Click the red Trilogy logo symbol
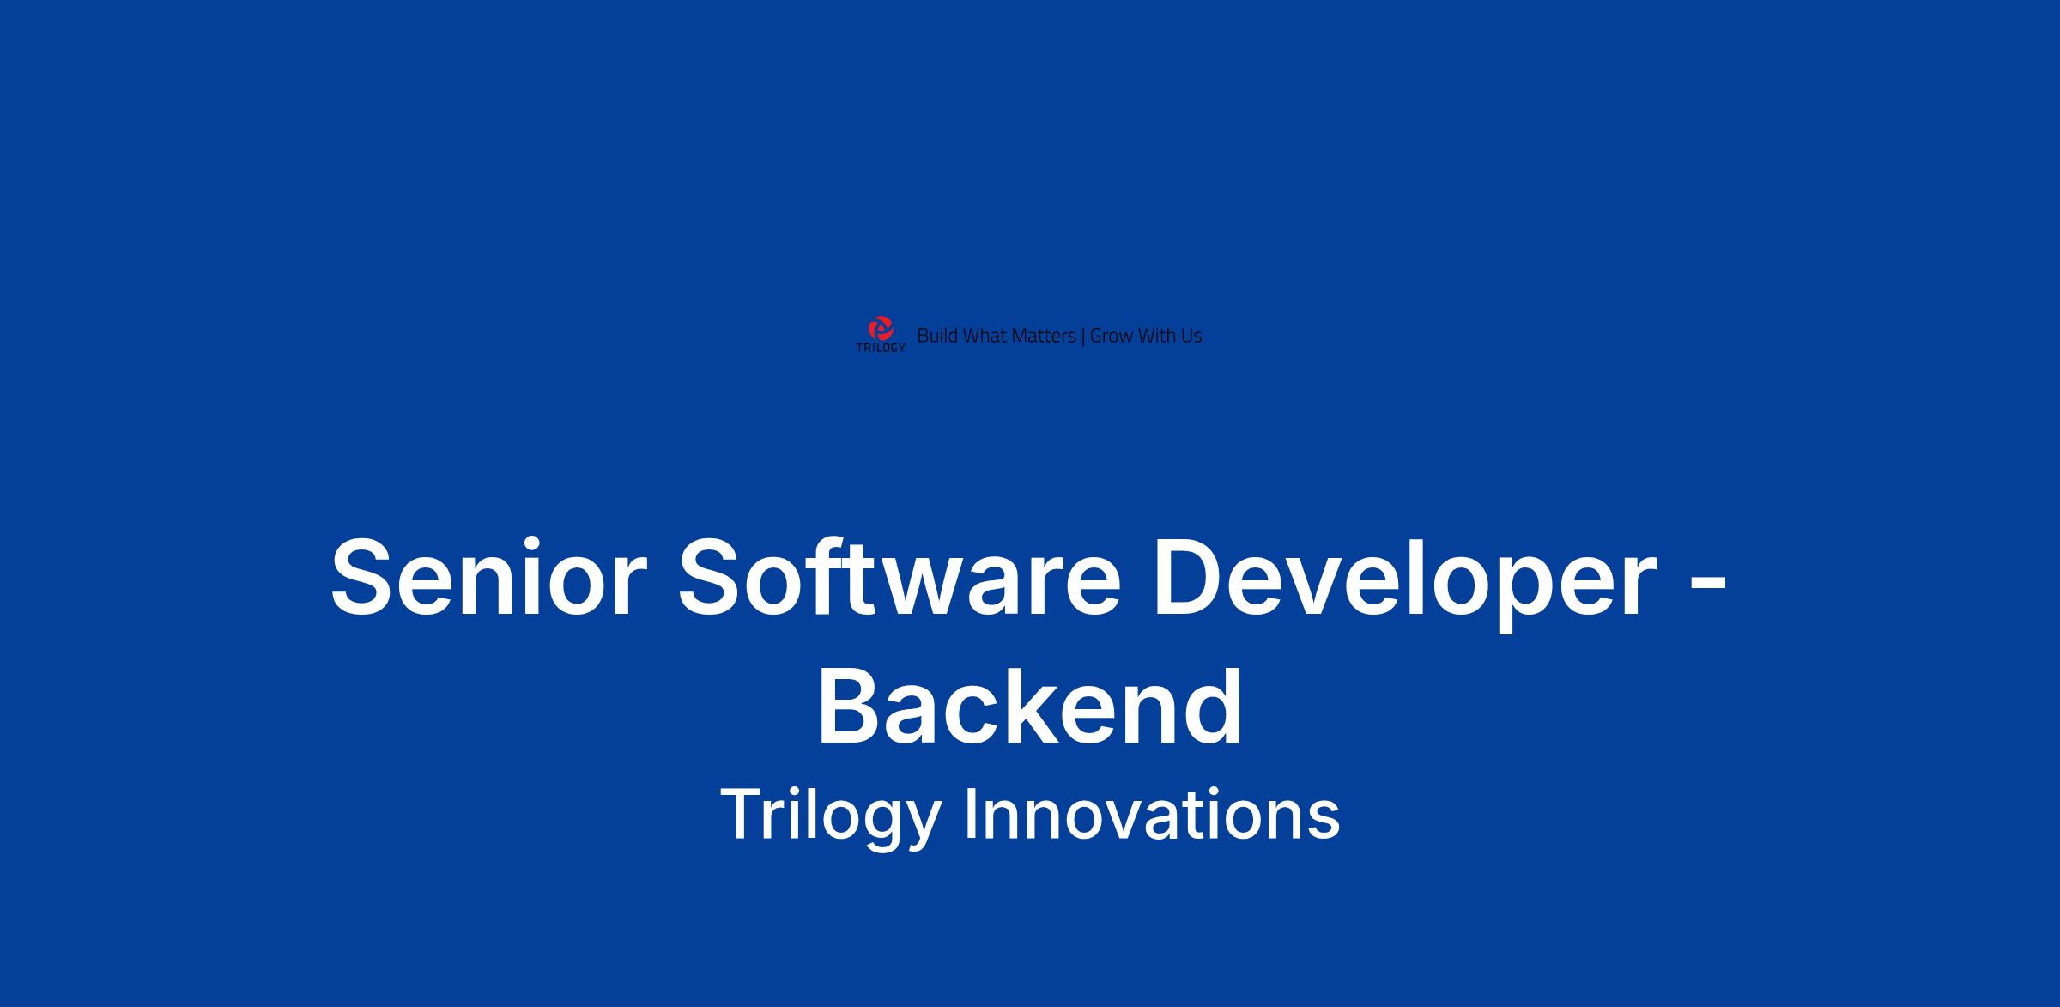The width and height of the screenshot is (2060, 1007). (x=881, y=329)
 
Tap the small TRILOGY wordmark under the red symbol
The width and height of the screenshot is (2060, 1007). (x=881, y=349)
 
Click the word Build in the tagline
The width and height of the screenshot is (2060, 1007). (x=937, y=336)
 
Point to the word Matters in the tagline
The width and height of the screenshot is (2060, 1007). (x=1044, y=336)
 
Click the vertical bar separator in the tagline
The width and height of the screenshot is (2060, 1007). (x=1083, y=337)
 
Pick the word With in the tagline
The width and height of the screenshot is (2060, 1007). (x=1157, y=336)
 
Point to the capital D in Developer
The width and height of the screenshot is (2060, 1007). (x=1190, y=576)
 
